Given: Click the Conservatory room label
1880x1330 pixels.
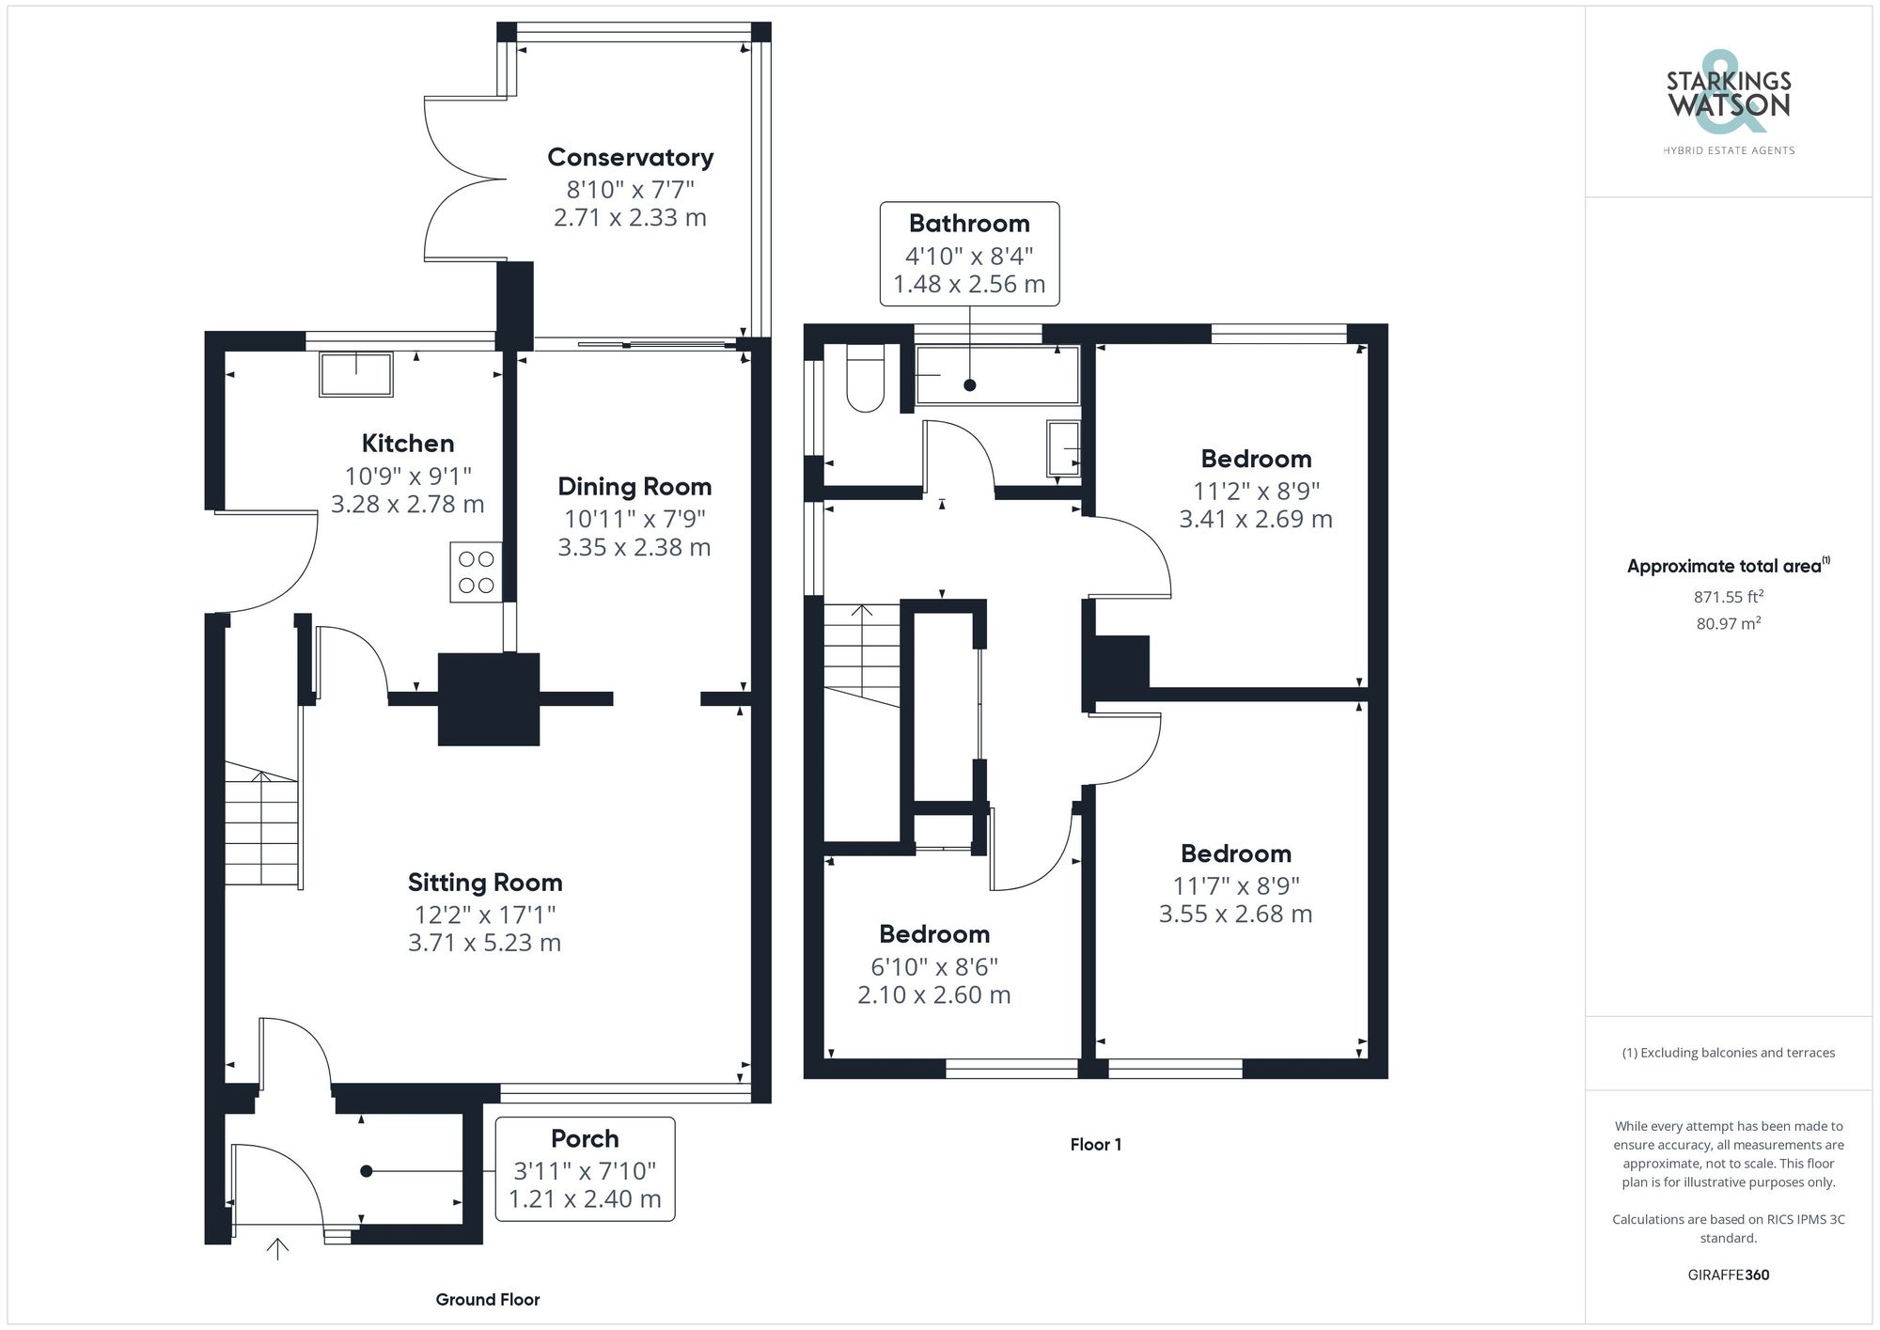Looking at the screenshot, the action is pyautogui.click(x=630, y=157).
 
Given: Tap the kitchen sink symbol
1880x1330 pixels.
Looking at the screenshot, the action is pyautogui.click(x=356, y=374).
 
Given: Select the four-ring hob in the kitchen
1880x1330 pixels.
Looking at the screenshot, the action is pyautogui.click(x=476, y=572).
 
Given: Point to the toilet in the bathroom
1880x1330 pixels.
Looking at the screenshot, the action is pyautogui.click(x=866, y=378).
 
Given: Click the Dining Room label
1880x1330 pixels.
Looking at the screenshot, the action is pyautogui.click(x=634, y=487).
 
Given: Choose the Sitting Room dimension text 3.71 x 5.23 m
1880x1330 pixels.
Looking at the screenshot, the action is pyautogui.click(x=484, y=943).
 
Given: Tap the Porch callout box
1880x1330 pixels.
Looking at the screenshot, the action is pyautogui.click(x=585, y=1168).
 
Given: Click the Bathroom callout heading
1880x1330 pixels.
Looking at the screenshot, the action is pyautogui.click(x=969, y=224).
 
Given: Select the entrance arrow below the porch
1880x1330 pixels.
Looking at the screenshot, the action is pyautogui.click(x=277, y=1248).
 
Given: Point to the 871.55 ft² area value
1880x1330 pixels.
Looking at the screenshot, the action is pyautogui.click(x=1729, y=597).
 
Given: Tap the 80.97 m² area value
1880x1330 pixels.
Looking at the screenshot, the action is pyautogui.click(x=1729, y=623).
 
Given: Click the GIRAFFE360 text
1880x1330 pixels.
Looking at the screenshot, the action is pyautogui.click(x=1729, y=1275).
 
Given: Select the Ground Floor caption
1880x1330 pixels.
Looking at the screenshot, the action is pyautogui.click(x=488, y=1300).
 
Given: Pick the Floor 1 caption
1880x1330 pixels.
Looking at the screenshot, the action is pyautogui.click(x=1096, y=1145).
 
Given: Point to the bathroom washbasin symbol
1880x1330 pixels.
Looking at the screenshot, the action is pyautogui.click(x=1063, y=448).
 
